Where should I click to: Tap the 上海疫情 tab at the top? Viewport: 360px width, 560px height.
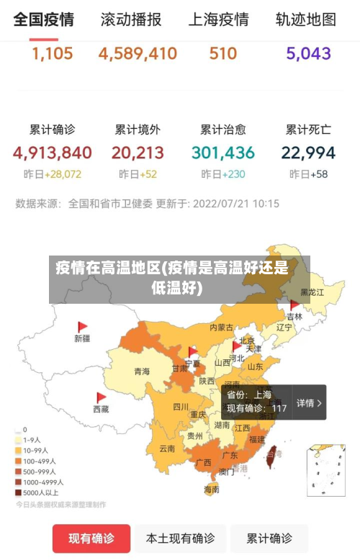[218, 19]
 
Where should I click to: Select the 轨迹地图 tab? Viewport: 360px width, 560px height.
[306, 19]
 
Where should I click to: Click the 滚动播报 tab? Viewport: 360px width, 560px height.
[130, 19]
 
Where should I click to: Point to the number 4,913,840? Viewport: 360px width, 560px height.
[52, 153]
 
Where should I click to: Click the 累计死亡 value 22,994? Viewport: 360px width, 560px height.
[308, 153]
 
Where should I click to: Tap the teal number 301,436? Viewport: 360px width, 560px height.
[223, 153]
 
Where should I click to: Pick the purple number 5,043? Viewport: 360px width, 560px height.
[308, 53]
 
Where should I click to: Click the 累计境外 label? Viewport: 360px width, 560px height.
[138, 130]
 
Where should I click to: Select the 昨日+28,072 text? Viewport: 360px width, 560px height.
[52, 174]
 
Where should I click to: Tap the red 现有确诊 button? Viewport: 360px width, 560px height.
[91, 538]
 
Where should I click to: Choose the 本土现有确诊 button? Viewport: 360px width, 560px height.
[180, 538]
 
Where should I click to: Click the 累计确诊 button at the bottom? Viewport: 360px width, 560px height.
[269, 538]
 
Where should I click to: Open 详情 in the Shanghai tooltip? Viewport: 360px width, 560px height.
[309, 403]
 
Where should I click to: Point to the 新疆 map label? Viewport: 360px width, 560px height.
[82, 338]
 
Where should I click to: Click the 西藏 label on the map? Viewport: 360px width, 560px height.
[101, 409]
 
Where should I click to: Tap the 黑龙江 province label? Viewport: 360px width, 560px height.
[312, 292]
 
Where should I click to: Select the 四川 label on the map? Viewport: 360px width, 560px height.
[181, 407]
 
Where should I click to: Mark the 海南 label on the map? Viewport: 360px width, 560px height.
[211, 489]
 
